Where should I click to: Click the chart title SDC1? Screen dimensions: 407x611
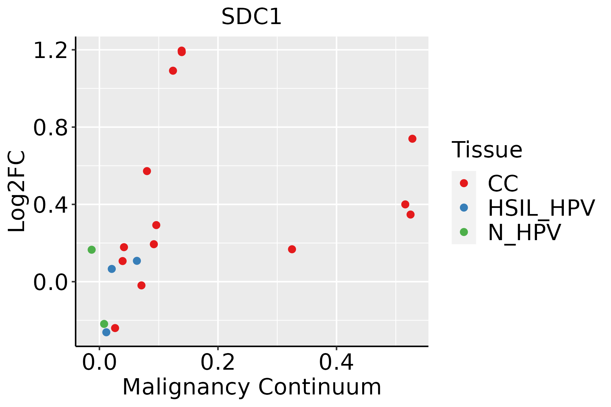252,17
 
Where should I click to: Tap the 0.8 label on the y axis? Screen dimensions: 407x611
50,128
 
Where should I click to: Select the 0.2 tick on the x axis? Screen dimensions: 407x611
218,363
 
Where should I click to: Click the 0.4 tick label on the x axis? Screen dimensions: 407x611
336,363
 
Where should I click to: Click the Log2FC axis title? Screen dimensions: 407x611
17,192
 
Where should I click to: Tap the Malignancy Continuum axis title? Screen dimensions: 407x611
252,387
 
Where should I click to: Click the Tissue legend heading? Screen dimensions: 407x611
487,150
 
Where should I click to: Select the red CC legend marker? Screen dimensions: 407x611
464,183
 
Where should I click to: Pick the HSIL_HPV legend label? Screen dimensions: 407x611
541,208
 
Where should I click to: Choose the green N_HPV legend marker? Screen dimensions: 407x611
464,232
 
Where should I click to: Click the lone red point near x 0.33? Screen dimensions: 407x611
292,249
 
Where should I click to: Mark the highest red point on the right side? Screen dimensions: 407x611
412,139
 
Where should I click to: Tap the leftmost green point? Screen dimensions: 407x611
92,250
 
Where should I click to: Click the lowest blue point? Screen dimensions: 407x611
106,332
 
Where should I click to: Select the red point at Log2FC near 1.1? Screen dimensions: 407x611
173,71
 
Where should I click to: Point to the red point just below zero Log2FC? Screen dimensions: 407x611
142,285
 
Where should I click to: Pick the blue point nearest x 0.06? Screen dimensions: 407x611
137,261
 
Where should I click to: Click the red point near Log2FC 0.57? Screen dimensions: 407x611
147,171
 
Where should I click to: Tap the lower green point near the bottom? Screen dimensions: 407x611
104,324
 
